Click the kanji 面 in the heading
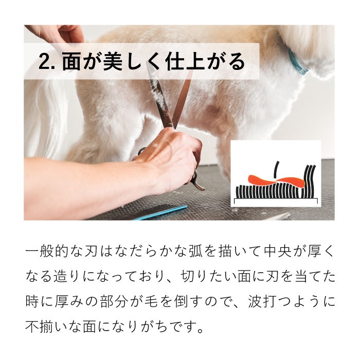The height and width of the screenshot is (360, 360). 71,62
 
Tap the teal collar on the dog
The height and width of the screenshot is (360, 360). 297,62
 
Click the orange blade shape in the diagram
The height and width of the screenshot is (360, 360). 277,181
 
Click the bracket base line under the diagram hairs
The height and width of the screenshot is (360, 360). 276,201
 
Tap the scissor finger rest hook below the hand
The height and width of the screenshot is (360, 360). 197,184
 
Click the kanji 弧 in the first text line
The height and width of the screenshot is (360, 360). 195,251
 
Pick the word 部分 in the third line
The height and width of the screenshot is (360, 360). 113,301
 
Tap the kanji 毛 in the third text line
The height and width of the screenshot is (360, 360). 151,301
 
